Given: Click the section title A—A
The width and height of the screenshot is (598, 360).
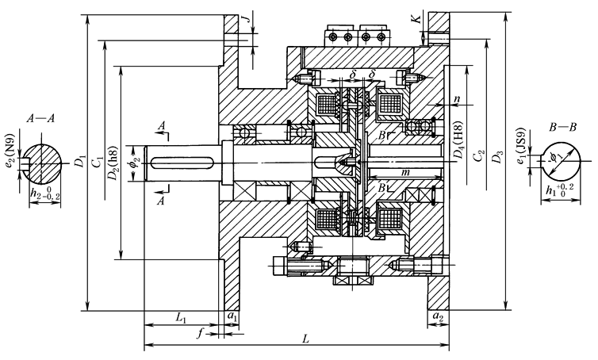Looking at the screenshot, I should pyautogui.click(x=40, y=117).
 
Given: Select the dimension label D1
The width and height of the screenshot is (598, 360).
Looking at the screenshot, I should pyautogui.click(x=79, y=163).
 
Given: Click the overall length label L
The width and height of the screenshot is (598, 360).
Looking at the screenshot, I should pyautogui.click(x=307, y=339).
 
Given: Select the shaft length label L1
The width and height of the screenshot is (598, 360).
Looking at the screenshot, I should pyautogui.click(x=180, y=317).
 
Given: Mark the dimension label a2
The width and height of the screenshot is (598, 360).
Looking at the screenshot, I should pyautogui.click(x=437, y=317).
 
